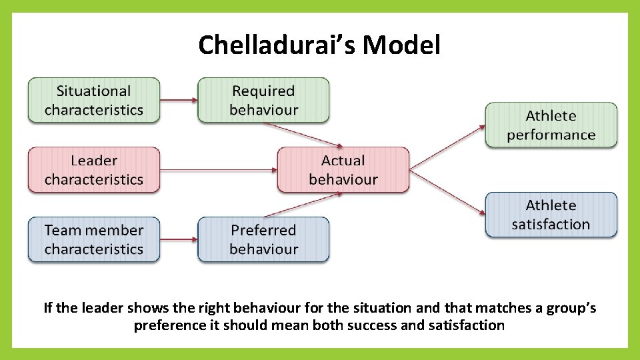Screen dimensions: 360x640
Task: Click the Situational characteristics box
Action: (94, 100)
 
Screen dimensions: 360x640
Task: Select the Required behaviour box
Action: (263, 100)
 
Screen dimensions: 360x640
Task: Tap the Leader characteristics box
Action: (94, 170)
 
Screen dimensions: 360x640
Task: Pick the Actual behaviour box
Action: (343, 170)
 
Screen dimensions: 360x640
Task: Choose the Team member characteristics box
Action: (94, 239)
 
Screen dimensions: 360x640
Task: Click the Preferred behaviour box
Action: (263, 239)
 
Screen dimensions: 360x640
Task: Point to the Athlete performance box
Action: (551, 125)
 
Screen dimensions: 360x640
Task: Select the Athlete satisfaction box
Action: (551, 215)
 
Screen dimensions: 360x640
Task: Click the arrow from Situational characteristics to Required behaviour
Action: (179, 101)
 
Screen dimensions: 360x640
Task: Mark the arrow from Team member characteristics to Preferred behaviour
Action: (179, 239)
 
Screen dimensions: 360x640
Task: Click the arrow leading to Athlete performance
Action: (447, 147)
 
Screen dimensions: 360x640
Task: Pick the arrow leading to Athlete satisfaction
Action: (447, 193)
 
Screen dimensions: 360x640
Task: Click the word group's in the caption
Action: (570, 308)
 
